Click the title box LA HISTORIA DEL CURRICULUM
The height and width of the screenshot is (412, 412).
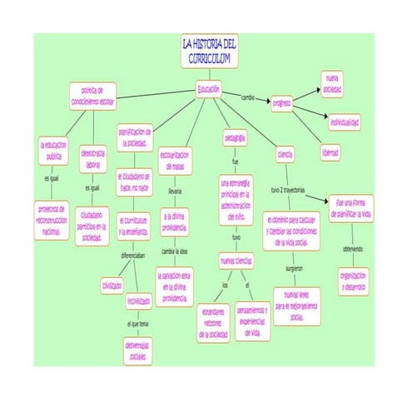[210, 51]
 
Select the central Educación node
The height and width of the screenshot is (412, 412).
[209, 88]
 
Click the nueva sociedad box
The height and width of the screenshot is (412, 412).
[333, 83]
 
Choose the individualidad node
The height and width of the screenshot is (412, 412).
[344, 122]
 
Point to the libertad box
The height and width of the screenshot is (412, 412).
[330, 154]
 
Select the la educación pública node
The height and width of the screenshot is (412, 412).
[54, 151]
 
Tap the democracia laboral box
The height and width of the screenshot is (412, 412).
[93, 160]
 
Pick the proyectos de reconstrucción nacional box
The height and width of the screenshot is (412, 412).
[53, 219]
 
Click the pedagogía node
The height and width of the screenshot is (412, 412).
[236, 137]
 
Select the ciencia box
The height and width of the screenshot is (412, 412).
[285, 155]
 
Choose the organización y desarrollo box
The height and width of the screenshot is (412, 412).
[352, 279]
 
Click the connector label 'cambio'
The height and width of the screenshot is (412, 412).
[248, 97]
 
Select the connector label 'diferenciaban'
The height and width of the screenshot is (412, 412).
[135, 256]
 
